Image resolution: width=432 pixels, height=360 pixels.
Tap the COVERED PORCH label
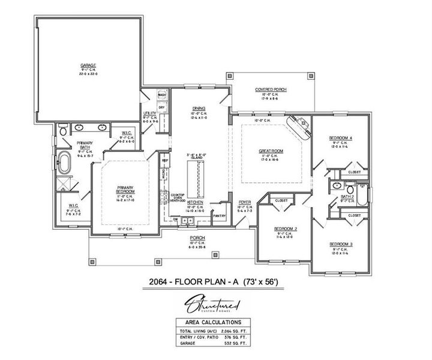(x=271, y=89)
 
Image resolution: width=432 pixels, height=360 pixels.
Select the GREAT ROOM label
(x=272, y=151)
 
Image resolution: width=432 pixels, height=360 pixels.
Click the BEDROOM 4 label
(x=340, y=137)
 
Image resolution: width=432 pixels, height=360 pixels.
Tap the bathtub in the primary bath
(x=64, y=162)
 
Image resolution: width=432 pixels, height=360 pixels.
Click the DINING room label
(x=191, y=101)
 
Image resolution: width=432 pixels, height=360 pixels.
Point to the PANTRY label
(x=220, y=215)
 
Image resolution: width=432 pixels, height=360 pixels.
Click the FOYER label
(x=245, y=202)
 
